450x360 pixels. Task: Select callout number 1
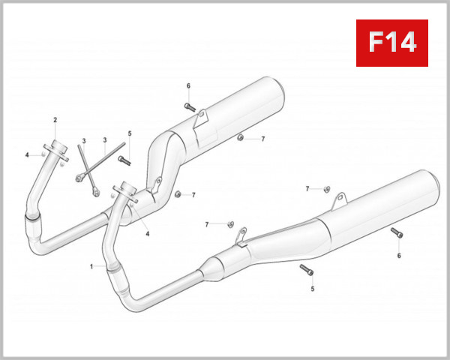click(92, 266)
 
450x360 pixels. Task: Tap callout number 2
click(55, 121)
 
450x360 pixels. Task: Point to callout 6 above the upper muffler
click(188, 86)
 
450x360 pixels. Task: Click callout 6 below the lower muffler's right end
click(399, 256)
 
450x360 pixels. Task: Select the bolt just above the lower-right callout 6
click(397, 233)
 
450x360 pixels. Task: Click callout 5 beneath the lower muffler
click(313, 288)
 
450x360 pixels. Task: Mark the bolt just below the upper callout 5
click(124, 160)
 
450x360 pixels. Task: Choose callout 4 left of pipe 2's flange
click(26, 154)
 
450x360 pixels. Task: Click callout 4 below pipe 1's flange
click(148, 233)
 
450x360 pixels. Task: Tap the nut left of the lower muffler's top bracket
click(328, 187)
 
